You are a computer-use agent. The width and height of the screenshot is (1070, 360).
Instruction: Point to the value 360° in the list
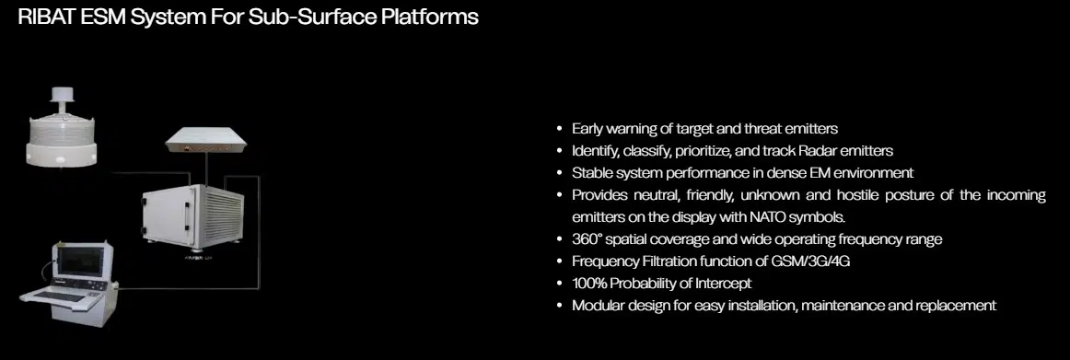pyautogui.click(x=587, y=239)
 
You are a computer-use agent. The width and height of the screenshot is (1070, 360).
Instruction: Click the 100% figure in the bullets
pyautogui.click(x=589, y=284)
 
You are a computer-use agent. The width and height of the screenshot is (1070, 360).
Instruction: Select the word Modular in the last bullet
pyautogui.click(x=598, y=306)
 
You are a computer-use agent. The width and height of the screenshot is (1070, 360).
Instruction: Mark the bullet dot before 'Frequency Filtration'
pyautogui.click(x=560, y=261)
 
